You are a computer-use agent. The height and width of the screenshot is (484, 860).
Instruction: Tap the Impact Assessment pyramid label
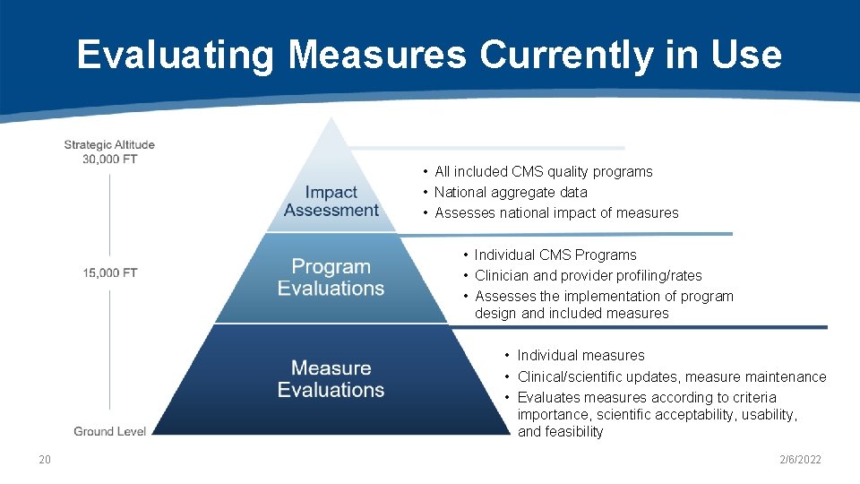click(x=331, y=202)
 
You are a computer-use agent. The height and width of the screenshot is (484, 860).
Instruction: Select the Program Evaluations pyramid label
click(x=331, y=278)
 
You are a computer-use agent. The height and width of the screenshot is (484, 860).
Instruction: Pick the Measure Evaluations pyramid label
click(x=331, y=379)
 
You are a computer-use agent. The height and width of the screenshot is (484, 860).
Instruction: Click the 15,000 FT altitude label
click(x=110, y=272)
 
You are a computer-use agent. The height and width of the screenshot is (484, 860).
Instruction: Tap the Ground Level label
click(x=110, y=431)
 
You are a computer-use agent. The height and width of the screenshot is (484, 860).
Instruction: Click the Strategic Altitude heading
click(x=109, y=144)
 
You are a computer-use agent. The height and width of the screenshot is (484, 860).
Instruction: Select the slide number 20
click(x=45, y=460)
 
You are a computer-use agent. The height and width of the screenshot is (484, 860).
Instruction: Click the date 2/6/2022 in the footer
click(x=800, y=460)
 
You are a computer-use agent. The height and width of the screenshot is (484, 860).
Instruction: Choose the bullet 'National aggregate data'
click(x=511, y=192)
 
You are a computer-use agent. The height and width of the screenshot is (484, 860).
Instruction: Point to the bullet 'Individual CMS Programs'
click(x=555, y=255)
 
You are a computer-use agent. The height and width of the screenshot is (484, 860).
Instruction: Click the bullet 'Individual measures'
click(x=580, y=355)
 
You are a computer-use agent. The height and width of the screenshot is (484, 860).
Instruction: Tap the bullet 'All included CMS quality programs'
click(x=543, y=171)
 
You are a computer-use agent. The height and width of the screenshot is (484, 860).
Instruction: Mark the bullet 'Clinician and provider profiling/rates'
click(x=588, y=275)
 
